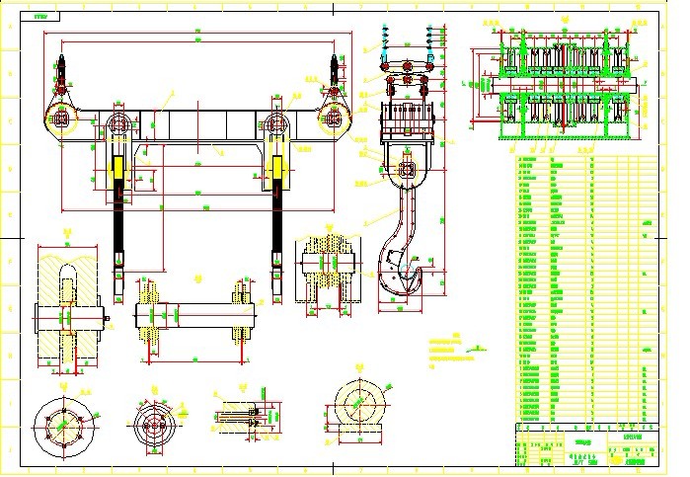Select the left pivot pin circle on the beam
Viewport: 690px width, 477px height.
pos(119,125)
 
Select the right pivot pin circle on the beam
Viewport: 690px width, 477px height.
pos(276,125)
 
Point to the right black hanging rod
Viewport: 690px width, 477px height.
pos(275,232)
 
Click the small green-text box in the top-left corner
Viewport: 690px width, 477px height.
pos(40,17)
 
